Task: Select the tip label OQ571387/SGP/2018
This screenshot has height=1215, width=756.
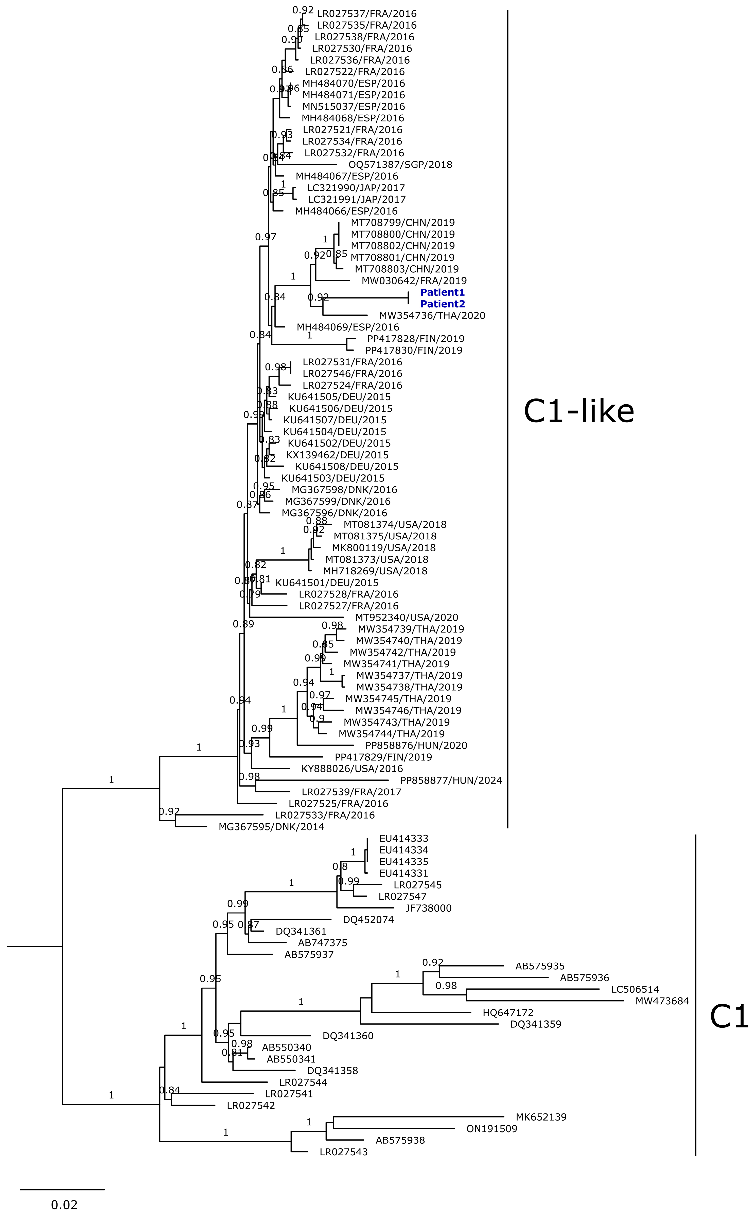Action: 400,165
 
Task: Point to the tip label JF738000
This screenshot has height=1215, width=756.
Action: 429,908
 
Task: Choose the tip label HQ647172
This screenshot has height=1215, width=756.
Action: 508,1013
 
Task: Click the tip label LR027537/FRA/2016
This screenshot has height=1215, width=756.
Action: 366,13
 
